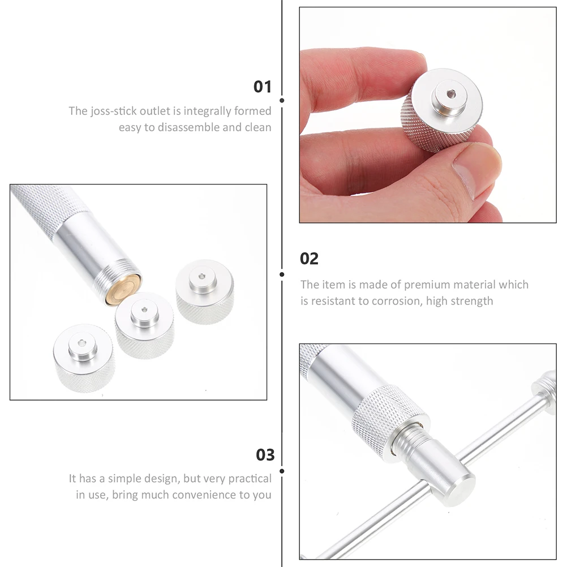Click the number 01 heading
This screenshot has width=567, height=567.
262,87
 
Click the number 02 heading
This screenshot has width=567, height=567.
309,259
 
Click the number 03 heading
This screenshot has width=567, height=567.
265,454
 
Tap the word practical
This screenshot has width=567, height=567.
250,479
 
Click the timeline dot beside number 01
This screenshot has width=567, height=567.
282,100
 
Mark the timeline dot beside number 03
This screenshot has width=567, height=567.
282,470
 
